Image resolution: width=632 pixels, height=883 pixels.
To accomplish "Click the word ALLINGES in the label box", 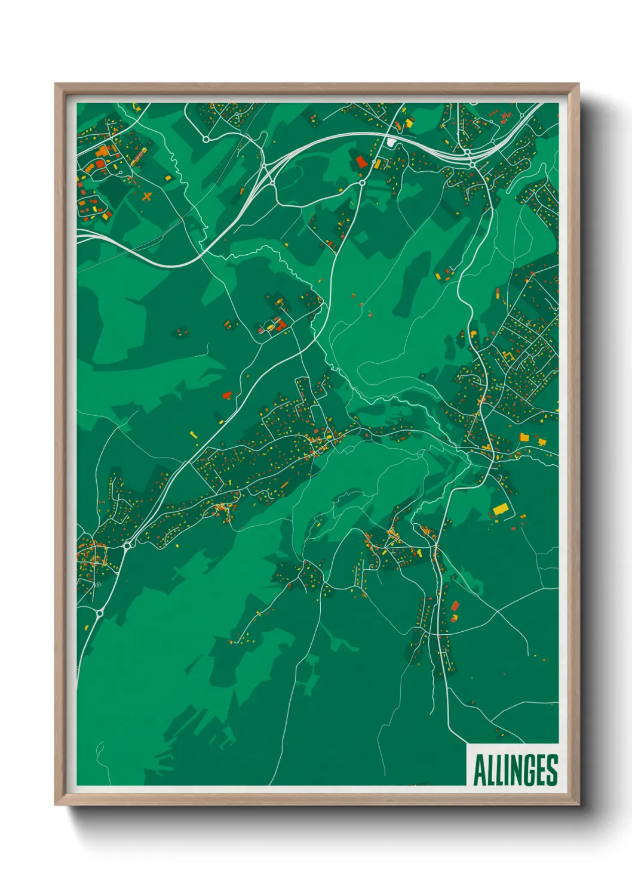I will point(516,770).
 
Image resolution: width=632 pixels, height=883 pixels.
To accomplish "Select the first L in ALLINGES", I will point(490,770).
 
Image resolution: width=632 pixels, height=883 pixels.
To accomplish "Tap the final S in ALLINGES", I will point(552,770).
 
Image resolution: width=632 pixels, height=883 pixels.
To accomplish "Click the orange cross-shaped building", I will point(147,195).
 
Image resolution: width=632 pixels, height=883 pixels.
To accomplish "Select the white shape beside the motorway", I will point(391,142).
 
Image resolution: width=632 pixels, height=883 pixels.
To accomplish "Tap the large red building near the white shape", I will point(361,161).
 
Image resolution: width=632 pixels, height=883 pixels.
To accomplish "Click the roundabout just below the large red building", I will point(362,182).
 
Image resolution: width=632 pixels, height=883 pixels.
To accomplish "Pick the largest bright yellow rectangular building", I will point(500,510).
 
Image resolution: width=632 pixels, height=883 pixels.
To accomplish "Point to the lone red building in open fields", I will point(226,395).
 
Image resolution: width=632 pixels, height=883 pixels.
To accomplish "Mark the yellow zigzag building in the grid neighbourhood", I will point(508,356).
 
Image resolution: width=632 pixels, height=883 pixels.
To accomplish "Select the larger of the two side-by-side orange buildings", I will point(524,437).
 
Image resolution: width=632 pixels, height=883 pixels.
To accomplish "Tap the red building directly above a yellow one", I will point(455,606).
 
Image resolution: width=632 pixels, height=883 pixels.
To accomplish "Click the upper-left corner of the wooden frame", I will point(56,84).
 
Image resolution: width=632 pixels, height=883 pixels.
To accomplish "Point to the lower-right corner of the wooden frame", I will point(578,805).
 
